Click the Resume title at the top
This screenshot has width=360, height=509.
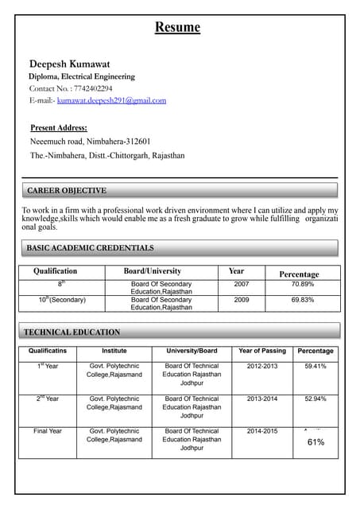177,28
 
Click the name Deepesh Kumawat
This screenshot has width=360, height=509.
70,64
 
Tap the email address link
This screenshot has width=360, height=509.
111,100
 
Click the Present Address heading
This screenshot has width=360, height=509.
59,127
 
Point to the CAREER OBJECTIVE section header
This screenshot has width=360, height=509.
67,191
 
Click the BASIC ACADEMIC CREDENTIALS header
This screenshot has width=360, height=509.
91,248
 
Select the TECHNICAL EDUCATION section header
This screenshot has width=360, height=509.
72,332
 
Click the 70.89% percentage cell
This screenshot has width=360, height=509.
302,284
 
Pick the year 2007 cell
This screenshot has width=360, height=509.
242,284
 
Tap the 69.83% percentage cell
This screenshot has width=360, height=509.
302,300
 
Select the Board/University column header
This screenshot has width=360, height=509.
153,271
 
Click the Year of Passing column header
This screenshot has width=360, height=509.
262,351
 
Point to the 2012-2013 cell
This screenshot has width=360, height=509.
262,367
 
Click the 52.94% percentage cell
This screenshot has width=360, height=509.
315,398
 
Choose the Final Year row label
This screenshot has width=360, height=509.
48,431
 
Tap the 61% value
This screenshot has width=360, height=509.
315,441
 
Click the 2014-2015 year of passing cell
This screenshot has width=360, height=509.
262,431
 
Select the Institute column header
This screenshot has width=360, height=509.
114,351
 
